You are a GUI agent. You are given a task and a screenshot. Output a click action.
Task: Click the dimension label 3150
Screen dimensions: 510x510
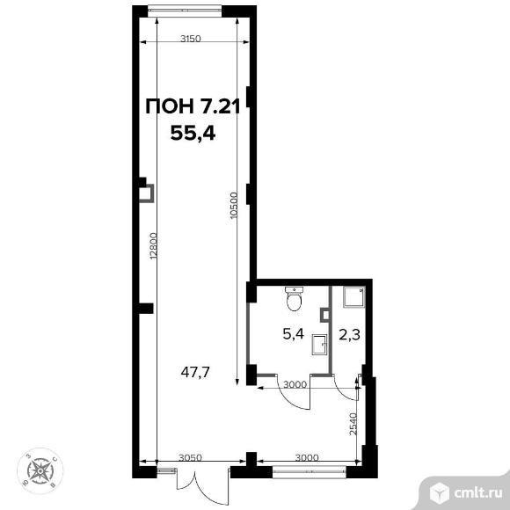(191, 39)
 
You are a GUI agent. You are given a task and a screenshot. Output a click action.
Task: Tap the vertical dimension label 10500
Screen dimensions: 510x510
(234, 206)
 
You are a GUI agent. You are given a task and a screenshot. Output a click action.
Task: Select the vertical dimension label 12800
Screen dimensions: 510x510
(154, 246)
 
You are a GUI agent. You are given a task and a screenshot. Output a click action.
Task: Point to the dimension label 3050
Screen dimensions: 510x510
(191, 457)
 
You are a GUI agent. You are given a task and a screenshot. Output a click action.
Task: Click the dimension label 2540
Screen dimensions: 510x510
(353, 424)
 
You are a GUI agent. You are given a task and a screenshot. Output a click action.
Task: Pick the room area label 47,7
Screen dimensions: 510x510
(195, 373)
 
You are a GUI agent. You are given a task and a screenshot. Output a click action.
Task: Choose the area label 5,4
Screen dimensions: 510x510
(294, 334)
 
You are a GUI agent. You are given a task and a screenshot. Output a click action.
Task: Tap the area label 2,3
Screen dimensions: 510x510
(350, 334)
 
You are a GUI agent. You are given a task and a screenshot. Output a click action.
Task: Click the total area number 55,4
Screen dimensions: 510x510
(193, 133)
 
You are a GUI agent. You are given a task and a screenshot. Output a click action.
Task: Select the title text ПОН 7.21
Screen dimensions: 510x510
(193, 106)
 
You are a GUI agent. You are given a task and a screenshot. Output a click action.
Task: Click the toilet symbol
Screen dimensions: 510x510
(294, 299)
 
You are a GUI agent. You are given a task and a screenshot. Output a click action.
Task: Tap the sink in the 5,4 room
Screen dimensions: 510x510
(319, 345)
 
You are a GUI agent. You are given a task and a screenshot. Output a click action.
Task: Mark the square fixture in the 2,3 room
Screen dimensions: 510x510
(353, 296)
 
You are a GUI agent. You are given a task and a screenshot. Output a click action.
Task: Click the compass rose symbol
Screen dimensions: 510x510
(40, 470)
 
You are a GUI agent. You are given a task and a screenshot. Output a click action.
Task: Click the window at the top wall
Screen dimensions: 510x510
(185, 10)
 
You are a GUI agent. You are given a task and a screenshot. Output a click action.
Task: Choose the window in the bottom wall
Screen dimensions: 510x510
(309, 472)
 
